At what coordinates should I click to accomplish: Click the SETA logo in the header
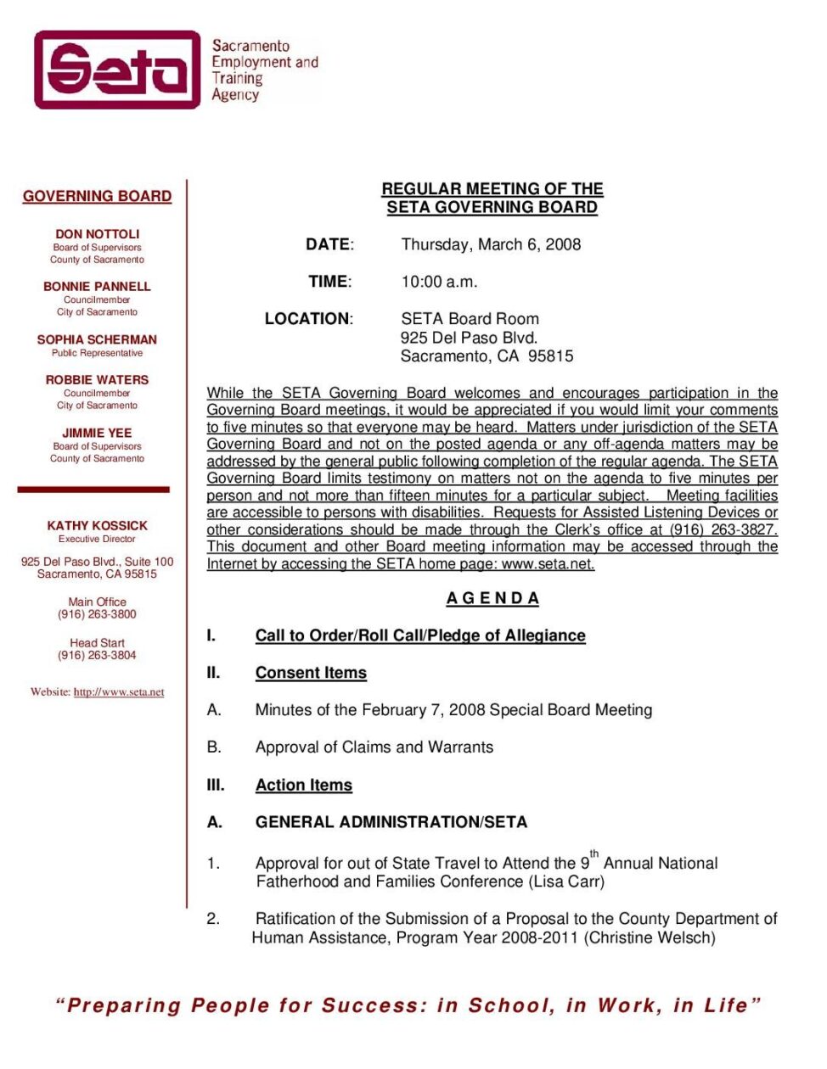pos(117,70)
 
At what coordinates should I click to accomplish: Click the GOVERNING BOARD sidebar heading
pos(97,196)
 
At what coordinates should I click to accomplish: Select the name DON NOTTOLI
pos(97,234)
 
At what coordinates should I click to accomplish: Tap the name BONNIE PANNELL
pos(97,287)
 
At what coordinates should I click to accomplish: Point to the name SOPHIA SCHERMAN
pos(97,339)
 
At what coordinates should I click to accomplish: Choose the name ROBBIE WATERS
pos(97,380)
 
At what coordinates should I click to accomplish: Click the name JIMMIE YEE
pos(97,433)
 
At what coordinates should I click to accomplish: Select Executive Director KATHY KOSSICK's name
pos(97,526)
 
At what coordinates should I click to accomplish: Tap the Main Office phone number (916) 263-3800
pos(97,614)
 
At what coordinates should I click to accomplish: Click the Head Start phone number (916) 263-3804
pos(97,655)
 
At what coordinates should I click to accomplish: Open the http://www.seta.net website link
pos(119,692)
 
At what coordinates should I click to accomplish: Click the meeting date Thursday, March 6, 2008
pos(491,244)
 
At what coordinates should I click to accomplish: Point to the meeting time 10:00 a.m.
pos(439,282)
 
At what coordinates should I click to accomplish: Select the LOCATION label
pos(308,319)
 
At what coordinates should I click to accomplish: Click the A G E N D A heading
pos(492,598)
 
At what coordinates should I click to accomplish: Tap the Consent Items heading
pos(311,673)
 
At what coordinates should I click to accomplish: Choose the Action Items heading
pos(303,786)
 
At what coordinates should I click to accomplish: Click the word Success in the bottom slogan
pos(374,1005)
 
